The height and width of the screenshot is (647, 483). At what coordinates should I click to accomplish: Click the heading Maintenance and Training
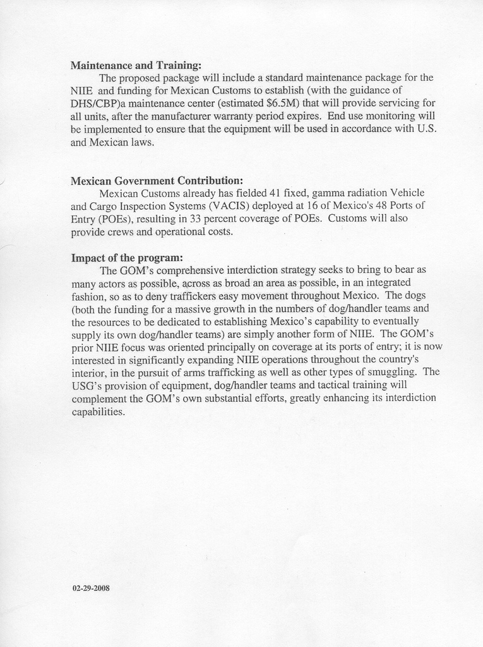point(136,65)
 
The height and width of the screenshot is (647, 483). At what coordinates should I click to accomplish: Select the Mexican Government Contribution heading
point(157,180)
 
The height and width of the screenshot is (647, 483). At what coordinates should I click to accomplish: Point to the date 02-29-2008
point(92,588)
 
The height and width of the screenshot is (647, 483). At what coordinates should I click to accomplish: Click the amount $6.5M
point(283,103)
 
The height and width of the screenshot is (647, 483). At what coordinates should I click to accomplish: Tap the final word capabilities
point(98,411)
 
